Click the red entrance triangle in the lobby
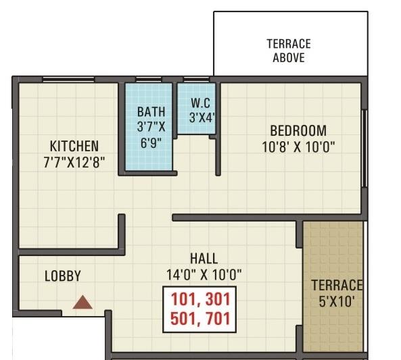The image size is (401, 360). [x=82, y=303]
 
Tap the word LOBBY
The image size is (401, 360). [x=63, y=276]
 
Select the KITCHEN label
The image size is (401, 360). [x=74, y=146]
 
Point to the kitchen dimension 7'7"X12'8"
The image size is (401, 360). [x=74, y=161]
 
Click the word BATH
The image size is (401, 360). [x=149, y=111]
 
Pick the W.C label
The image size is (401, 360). [x=201, y=103]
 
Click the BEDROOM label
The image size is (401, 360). [x=298, y=130]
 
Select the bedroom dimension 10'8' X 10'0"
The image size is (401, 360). [x=298, y=146]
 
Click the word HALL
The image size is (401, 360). [x=204, y=259]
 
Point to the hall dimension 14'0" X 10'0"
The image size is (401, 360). [x=204, y=274]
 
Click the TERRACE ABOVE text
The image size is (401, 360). [x=289, y=51]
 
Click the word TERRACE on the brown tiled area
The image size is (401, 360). [x=337, y=285]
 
